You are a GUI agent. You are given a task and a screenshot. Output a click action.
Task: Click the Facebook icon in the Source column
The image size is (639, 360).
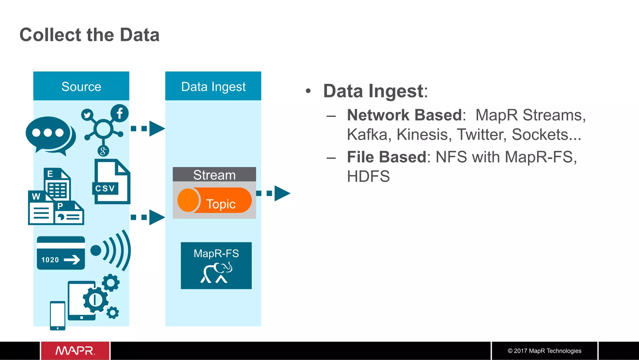pyautogui.click(x=120, y=113)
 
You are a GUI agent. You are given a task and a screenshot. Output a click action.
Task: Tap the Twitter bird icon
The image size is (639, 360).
pyautogui.click(x=87, y=115)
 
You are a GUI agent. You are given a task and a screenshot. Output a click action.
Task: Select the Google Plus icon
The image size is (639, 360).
pyautogui.click(x=103, y=151)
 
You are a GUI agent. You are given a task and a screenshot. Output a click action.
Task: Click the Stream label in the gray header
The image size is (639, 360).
pyautogui.click(x=214, y=175)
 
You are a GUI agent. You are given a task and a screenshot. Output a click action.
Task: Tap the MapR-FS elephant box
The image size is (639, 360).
pyautogui.click(x=216, y=266)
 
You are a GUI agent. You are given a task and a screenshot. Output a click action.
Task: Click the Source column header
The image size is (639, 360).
pyautogui.click(x=81, y=86)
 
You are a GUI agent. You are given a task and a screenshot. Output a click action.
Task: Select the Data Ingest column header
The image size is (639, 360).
pyautogui.click(x=213, y=86)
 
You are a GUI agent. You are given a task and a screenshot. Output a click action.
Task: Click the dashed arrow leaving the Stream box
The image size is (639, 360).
pyautogui.click(x=273, y=193)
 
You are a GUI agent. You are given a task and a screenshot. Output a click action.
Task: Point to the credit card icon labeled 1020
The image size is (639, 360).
pyautogui.click(x=61, y=253)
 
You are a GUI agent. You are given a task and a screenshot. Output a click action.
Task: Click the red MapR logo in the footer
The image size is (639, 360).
pyautogui.click(x=75, y=351)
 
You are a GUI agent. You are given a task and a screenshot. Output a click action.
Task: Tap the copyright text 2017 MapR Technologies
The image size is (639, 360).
pyautogui.click(x=544, y=351)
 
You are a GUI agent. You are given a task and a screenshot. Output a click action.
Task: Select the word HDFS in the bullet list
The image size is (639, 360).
pyautogui.click(x=368, y=176)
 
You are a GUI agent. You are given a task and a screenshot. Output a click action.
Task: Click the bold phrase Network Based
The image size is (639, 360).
pyautogui.click(x=404, y=115)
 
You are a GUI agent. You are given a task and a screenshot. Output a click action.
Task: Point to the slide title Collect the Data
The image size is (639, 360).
pyautogui.click(x=90, y=35)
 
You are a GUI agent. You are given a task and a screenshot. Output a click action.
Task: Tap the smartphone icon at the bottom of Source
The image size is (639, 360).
pyautogui.click(x=58, y=315)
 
